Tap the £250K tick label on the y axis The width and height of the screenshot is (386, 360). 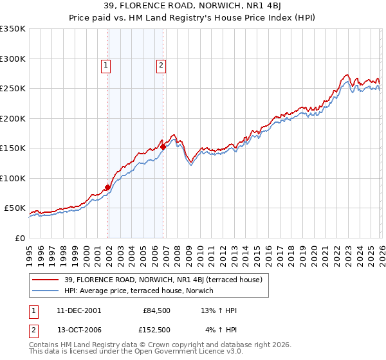13,89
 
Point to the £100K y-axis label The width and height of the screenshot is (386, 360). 13,178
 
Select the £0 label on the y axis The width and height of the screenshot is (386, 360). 19,238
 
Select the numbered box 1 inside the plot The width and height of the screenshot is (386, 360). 105,64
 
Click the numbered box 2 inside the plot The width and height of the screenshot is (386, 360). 160,64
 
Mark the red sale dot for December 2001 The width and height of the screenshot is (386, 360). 107,187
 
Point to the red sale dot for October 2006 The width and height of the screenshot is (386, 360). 163,147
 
